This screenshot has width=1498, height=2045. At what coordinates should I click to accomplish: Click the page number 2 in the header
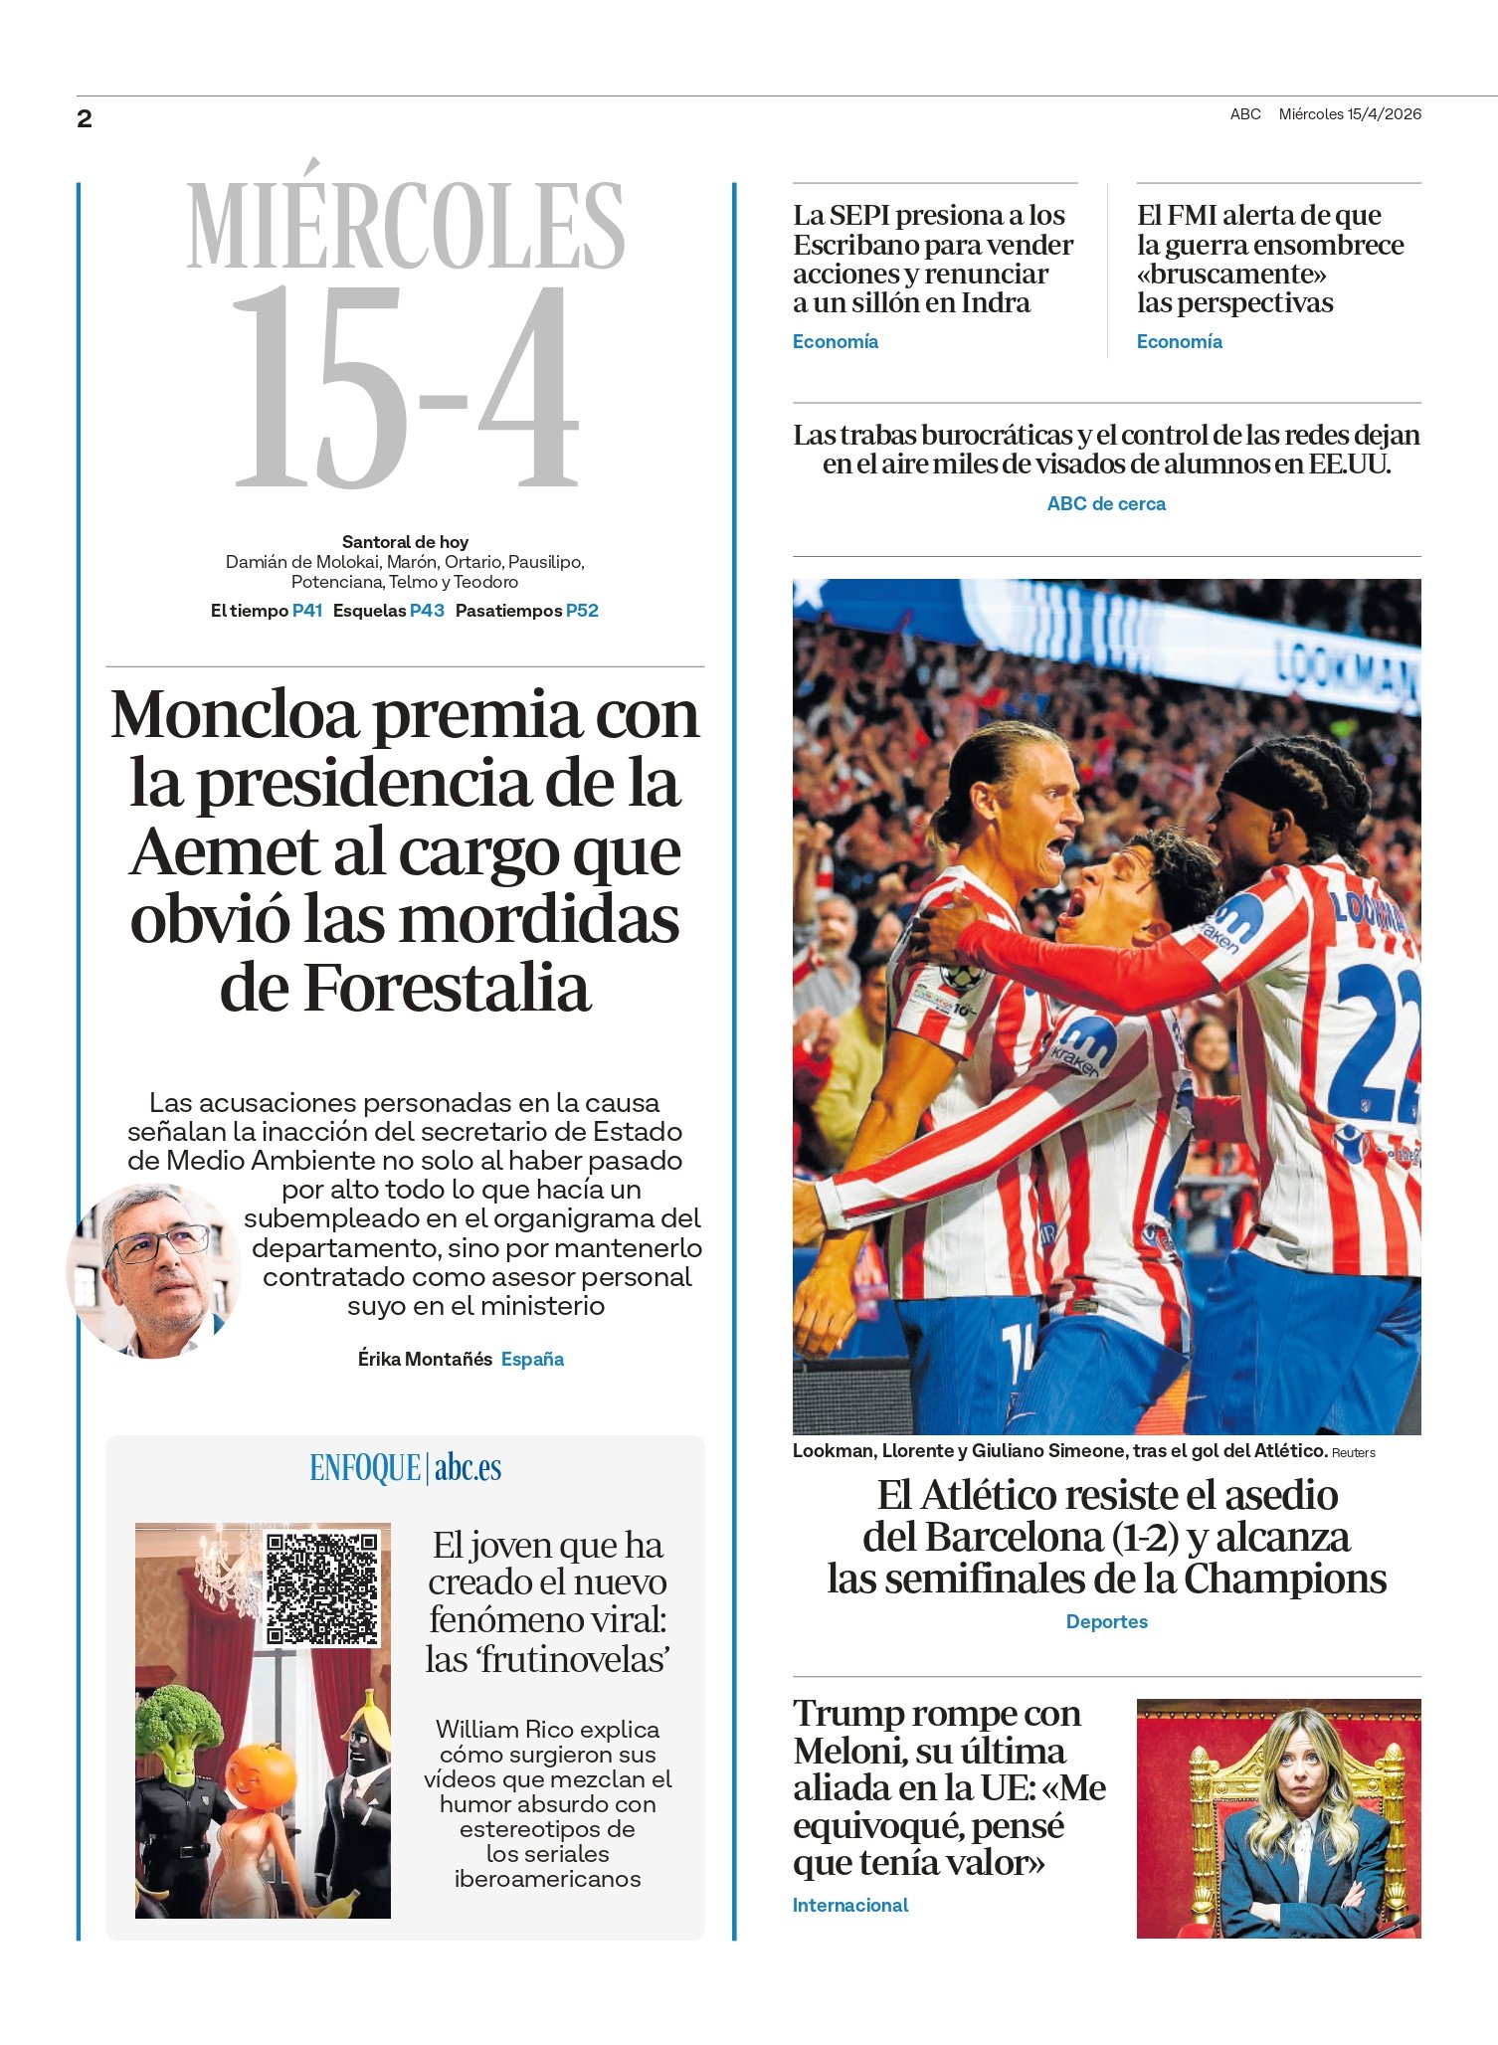click(x=85, y=119)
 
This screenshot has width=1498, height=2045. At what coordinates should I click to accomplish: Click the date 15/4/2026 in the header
click(x=1384, y=114)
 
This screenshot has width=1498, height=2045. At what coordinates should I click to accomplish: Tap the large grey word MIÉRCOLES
click(x=405, y=227)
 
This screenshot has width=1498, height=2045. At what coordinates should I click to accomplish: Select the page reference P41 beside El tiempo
click(x=307, y=611)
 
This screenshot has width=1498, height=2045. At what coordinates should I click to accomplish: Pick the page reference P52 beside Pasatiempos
click(x=582, y=611)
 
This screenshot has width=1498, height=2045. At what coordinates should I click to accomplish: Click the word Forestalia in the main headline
click(x=446, y=989)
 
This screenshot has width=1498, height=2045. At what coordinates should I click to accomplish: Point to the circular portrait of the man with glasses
click(x=154, y=1270)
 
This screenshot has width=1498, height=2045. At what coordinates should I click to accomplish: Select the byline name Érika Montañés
click(x=425, y=1359)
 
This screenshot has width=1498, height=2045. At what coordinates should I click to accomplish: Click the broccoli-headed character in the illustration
click(x=179, y=1732)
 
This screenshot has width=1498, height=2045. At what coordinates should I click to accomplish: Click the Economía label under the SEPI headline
click(x=835, y=342)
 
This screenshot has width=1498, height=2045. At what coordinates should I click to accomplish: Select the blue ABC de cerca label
click(x=1106, y=504)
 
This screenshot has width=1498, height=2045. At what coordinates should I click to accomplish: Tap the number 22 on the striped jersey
click(x=1383, y=1044)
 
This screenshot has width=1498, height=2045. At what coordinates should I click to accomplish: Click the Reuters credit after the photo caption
click(x=1353, y=1453)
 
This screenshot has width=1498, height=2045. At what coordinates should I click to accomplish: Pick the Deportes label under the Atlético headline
click(x=1106, y=1622)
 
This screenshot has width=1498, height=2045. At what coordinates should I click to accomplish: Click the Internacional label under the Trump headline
click(x=850, y=1906)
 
